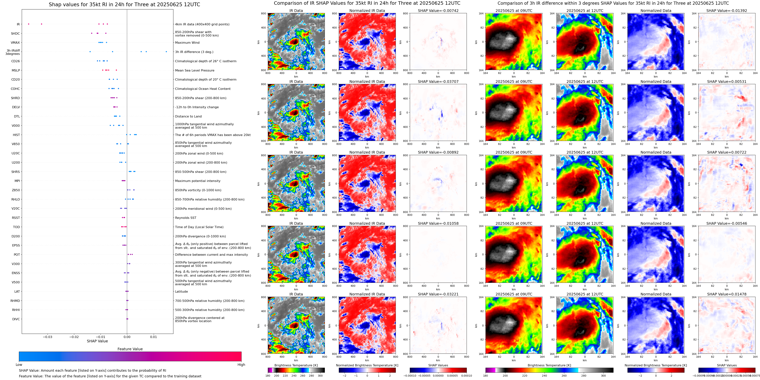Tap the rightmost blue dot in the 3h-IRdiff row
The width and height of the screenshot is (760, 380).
coord(166,52)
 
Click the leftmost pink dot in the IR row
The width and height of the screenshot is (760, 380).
coord(29,24)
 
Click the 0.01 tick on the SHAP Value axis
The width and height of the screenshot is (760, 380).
coord(153,337)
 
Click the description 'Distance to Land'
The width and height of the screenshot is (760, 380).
coord(188,117)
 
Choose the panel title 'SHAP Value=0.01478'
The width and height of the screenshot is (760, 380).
coord(727,294)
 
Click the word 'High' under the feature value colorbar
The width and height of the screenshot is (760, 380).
coord(241,365)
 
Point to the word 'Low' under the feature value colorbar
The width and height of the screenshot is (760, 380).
coord(19,365)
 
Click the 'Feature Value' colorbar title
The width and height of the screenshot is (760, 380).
coord(130,349)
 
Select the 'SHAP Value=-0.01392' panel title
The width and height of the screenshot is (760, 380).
coord(727,11)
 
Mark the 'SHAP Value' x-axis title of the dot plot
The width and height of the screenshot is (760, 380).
coord(97,341)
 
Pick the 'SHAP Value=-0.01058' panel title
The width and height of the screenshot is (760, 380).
coord(438,223)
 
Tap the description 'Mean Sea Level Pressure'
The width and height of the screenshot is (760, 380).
coord(195,70)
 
